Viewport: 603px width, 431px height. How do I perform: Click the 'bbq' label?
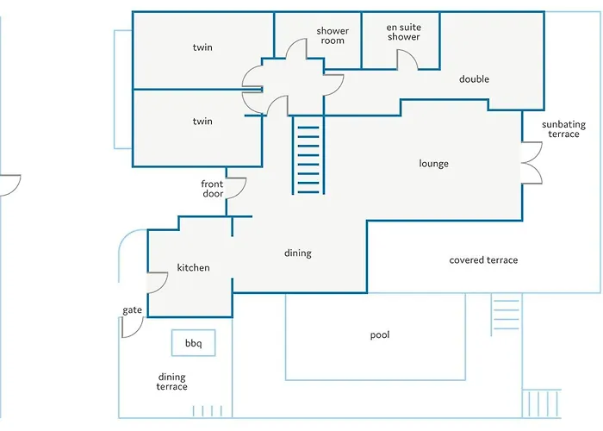[x=193, y=343]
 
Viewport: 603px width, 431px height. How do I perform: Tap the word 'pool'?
[x=380, y=334]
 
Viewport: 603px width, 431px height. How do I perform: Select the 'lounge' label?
[x=433, y=164]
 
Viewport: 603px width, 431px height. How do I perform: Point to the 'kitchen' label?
[x=193, y=267]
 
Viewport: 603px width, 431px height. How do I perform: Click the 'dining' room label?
[x=298, y=253]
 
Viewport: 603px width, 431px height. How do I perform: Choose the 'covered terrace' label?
[x=483, y=260]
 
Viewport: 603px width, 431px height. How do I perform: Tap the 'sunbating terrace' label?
[x=563, y=129]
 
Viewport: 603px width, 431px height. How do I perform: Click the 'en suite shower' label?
[x=403, y=32]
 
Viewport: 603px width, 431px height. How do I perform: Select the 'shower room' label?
[x=333, y=35]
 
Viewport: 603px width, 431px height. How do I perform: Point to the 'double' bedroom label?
[x=474, y=79]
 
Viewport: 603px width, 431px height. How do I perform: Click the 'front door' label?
[x=212, y=189]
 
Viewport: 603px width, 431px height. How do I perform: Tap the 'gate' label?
[x=133, y=310]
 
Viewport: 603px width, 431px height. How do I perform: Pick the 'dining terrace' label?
[x=172, y=382]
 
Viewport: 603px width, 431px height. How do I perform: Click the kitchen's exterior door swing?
[x=163, y=285]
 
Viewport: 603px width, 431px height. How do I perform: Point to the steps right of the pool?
[x=506, y=315]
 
